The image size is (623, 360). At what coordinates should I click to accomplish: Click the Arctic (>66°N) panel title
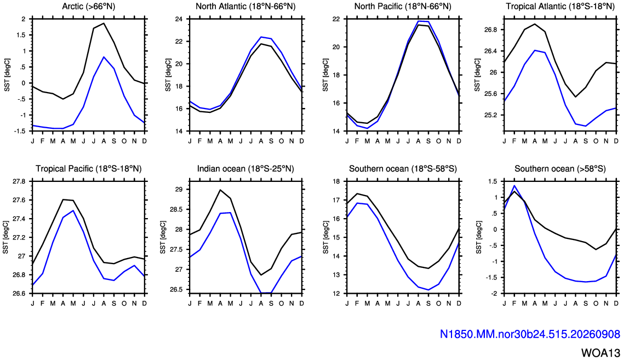point(89,7)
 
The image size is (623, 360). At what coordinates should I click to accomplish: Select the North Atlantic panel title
point(245,7)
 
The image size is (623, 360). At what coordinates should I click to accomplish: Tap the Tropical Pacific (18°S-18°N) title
point(89,168)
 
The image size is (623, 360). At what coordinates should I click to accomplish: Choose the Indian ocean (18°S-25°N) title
point(245,168)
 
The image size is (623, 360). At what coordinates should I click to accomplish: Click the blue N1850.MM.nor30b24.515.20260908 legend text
point(530,334)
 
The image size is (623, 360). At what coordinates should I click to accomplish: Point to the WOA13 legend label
point(601,352)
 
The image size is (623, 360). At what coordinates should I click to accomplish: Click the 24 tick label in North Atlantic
point(179,19)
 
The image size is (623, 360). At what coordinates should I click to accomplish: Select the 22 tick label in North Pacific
point(336,19)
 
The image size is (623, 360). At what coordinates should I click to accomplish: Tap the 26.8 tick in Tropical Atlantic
point(490,30)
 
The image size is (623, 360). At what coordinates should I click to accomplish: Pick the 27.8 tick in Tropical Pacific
point(18,181)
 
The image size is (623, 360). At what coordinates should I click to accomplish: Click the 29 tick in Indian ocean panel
point(179,190)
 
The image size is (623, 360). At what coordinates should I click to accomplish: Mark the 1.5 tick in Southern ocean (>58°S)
point(493,181)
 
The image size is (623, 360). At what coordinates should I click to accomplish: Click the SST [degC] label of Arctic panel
point(7,75)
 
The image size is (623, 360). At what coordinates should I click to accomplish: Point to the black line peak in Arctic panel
point(104,24)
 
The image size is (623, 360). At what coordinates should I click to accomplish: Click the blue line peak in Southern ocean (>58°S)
point(515,186)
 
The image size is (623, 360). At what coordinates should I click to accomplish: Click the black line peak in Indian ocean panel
point(220,190)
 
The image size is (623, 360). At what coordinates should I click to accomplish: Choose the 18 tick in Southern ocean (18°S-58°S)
point(336,181)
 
